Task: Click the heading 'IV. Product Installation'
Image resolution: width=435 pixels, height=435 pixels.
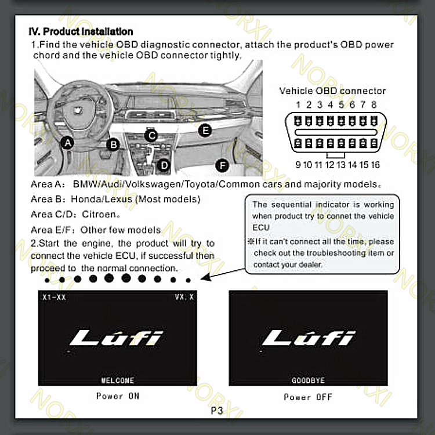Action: point(81,31)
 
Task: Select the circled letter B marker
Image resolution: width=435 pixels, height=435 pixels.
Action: point(114,144)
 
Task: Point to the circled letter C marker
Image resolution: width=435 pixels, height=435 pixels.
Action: point(151,136)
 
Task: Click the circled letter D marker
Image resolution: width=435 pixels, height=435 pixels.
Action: point(164,165)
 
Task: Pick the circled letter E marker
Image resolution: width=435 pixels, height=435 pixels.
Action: point(204,130)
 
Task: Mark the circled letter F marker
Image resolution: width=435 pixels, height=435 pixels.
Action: point(221,166)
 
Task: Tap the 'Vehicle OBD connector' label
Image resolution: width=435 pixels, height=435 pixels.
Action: point(332,90)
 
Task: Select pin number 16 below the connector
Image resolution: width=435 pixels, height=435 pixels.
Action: point(375,165)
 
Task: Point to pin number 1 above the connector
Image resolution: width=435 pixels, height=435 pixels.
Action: point(298,105)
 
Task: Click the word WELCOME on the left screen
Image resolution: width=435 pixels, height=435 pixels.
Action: point(118,380)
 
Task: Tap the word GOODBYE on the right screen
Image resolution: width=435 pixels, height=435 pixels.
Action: point(308,380)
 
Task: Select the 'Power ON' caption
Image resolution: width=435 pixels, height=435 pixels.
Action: point(118,396)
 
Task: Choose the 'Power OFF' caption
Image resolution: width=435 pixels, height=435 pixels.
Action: point(308,397)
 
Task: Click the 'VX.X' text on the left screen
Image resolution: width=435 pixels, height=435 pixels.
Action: point(184,298)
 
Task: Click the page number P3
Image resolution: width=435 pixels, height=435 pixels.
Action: point(216,411)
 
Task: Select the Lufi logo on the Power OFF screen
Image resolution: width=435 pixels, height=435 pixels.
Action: point(308,338)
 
